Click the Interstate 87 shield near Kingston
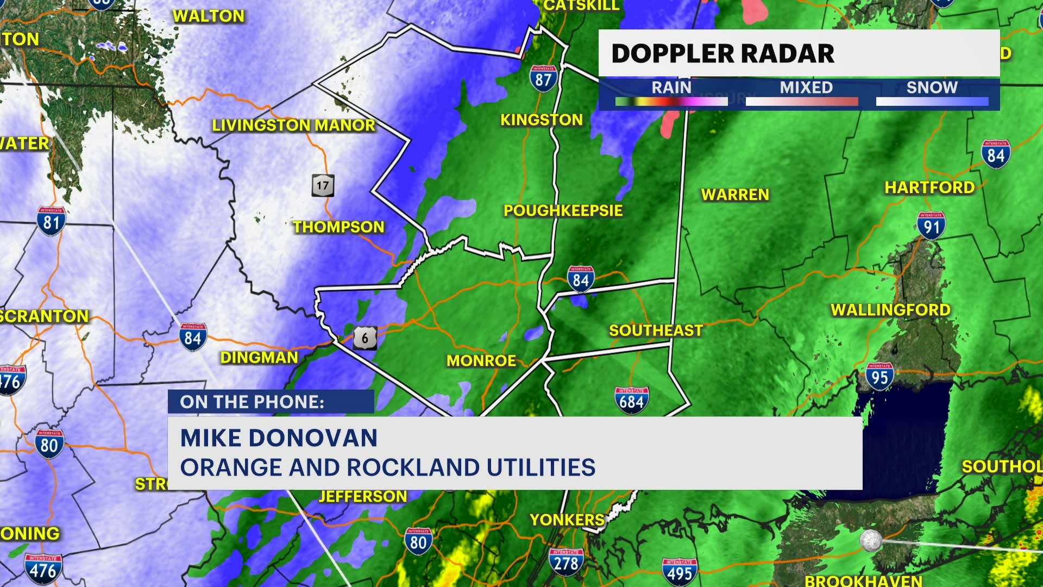click(543, 79)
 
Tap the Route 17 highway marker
click(323, 186)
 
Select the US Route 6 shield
click(365, 338)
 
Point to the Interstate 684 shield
click(632, 401)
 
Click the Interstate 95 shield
click(879, 377)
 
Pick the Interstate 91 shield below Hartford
click(931, 226)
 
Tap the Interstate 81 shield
click(51, 221)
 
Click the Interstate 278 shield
click(566, 562)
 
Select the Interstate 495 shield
click(680, 572)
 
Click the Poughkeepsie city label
click(563, 211)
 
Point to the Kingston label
click(541, 120)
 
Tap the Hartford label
click(929, 188)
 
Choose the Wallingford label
click(890, 310)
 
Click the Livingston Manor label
click(293, 126)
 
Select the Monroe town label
click(481, 361)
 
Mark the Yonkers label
click(567, 520)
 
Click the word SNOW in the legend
click(932, 88)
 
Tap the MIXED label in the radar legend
click(806, 88)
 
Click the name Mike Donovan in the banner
click(279, 438)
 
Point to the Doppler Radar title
click(722, 54)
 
